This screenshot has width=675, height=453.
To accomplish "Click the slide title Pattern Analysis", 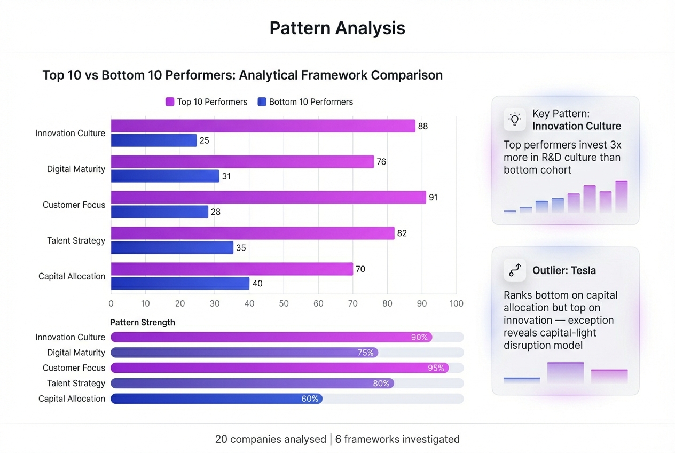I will (x=337, y=28).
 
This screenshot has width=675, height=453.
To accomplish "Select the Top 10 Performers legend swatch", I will (x=170, y=101).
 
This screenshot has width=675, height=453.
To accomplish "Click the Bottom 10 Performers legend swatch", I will (x=262, y=101).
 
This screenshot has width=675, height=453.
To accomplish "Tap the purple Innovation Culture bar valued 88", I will (x=263, y=126).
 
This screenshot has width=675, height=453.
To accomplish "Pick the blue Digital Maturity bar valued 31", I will (x=165, y=176).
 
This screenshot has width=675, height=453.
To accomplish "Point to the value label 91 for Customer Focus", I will (x=433, y=198).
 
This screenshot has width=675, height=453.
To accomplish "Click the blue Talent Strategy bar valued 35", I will (x=172, y=248).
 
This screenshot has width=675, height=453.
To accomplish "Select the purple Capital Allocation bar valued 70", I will (x=232, y=269).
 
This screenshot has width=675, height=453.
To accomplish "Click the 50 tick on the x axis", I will (x=284, y=303).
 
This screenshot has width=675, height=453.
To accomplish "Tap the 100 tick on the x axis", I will (x=456, y=303).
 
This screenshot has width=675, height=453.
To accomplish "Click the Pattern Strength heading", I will (x=142, y=322).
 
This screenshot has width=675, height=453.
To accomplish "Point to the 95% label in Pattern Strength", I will (x=435, y=368).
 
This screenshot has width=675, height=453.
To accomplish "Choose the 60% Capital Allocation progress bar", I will (x=216, y=399).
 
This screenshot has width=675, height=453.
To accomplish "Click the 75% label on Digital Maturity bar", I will (x=365, y=353).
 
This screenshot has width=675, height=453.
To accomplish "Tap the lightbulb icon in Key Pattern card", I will (x=515, y=120).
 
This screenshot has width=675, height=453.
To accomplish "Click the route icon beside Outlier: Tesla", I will (x=515, y=270).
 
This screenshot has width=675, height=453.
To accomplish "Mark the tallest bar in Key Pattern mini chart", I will (x=621, y=197).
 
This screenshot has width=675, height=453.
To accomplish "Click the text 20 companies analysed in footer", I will (x=270, y=439).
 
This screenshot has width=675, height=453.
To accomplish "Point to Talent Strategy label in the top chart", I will (x=76, y=240).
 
